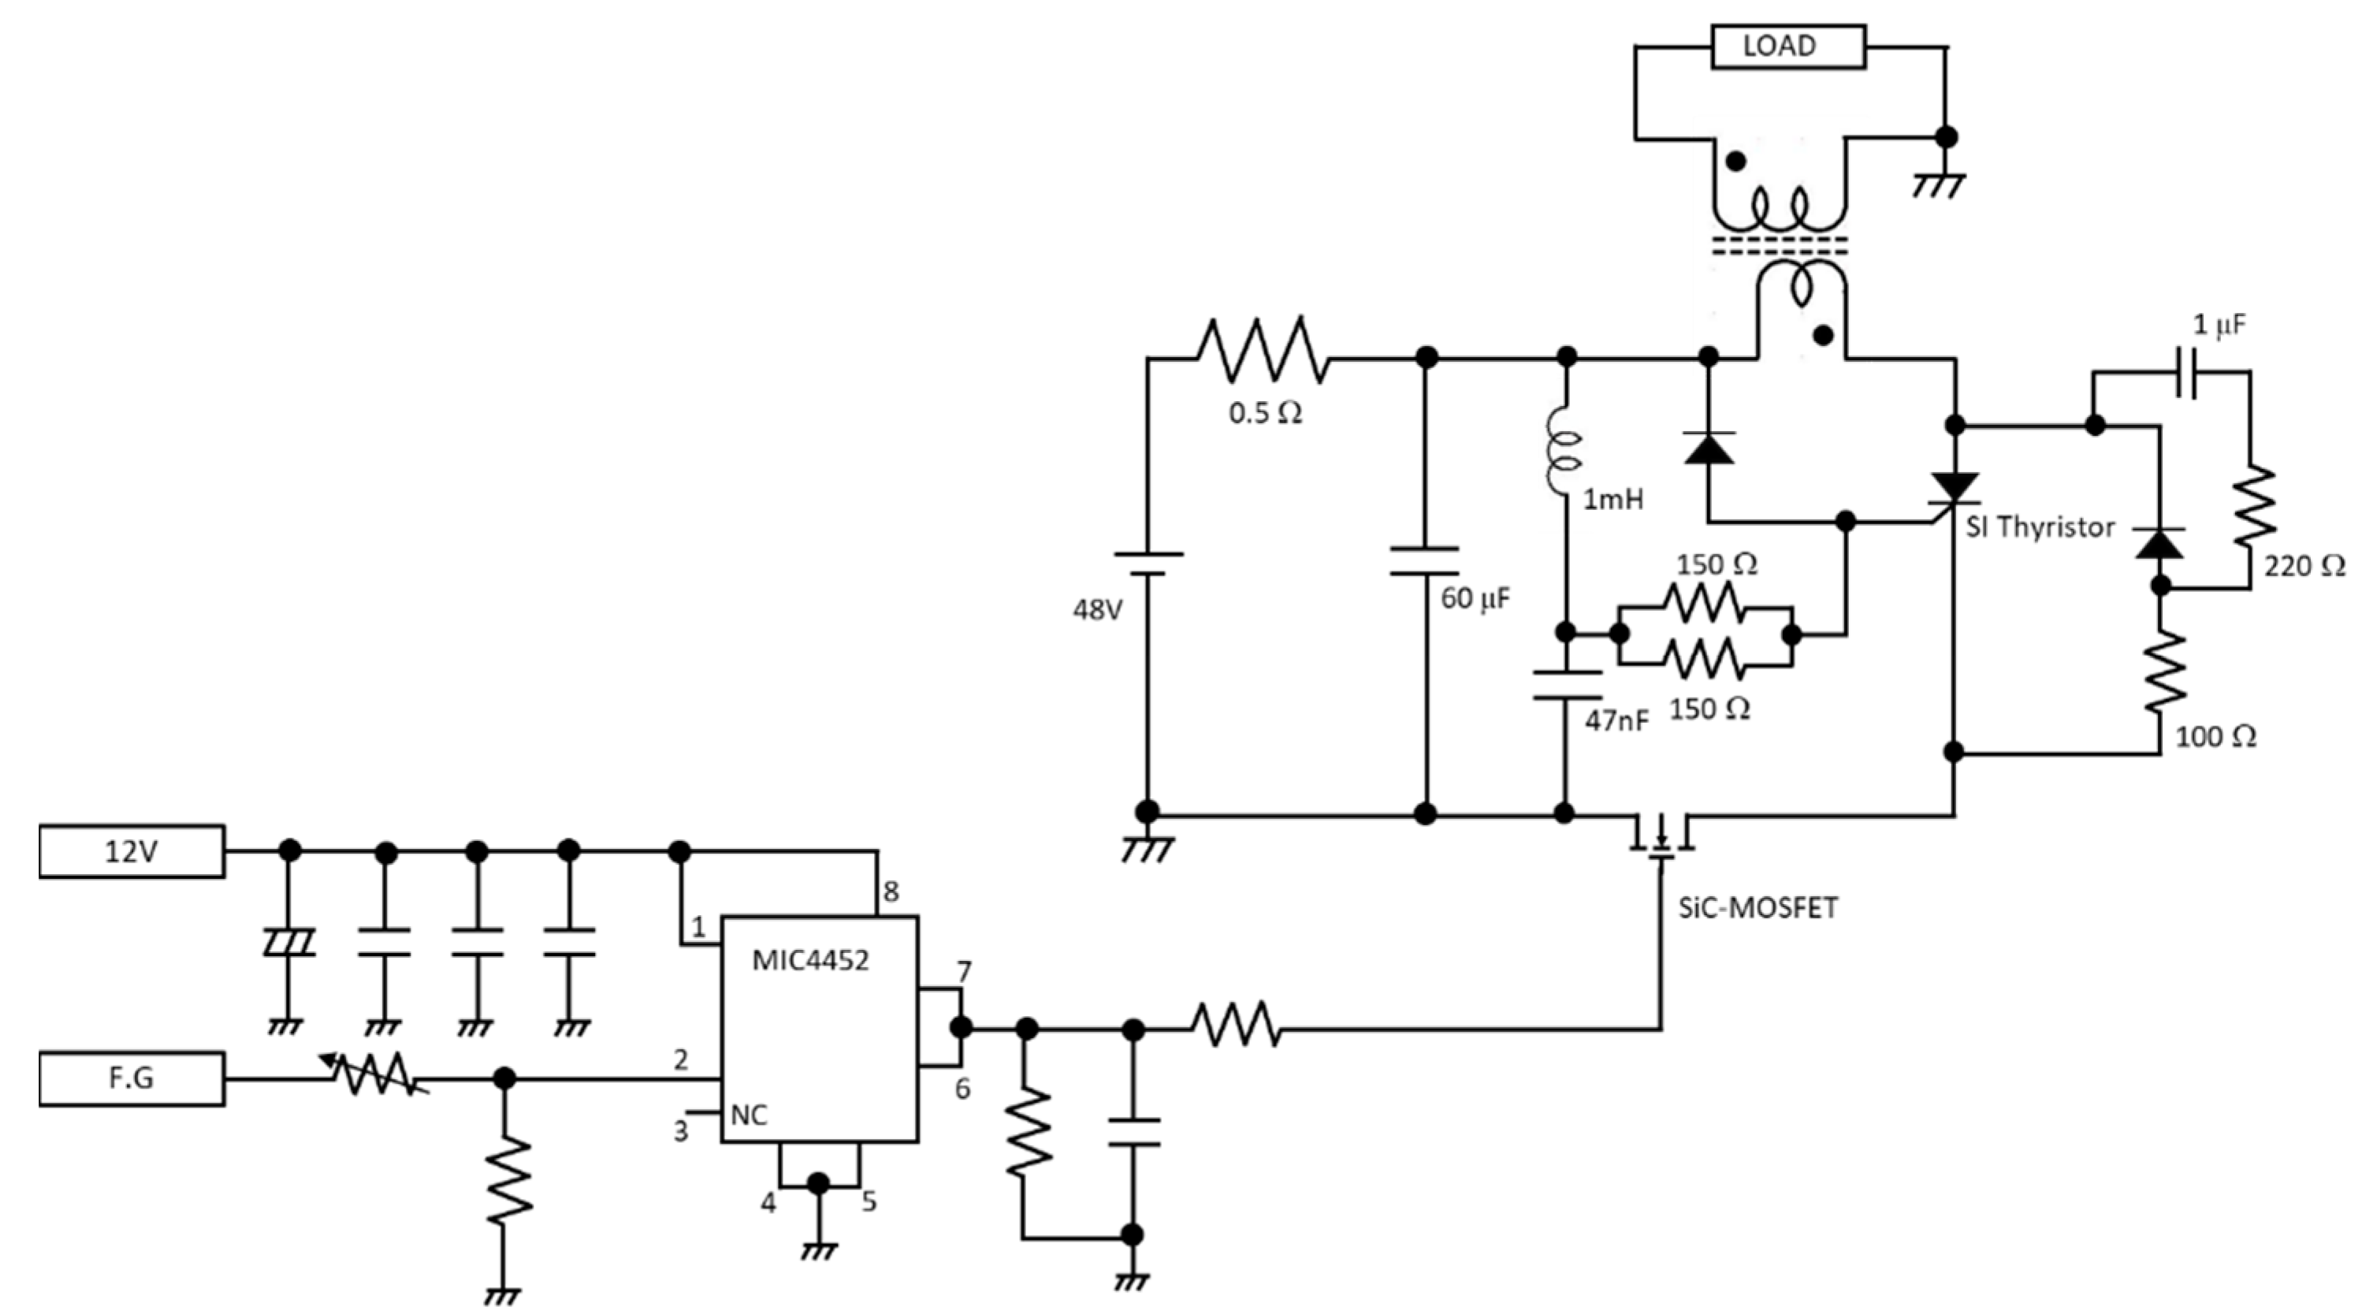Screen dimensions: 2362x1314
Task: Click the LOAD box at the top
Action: (x=1788, y=46)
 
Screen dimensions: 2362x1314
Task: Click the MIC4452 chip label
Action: (x=809, y=960)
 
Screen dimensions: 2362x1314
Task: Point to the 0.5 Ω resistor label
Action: (x=1266, y=414)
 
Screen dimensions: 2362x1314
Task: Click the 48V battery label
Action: (x=1098, y=610)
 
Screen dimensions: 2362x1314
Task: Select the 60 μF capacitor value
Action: (x=1475, y=599)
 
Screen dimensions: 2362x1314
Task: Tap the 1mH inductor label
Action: (x=1612, y=500)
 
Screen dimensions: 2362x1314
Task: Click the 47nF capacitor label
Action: (x=1616, y=720)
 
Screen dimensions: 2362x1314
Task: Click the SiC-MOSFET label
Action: (x=1758, y=908)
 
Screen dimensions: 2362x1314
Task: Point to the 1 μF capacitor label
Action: (x=2220, y=326)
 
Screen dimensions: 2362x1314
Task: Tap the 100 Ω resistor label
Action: (x=2215, y=735)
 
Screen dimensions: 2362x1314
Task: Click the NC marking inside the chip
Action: (x=750, y=1115)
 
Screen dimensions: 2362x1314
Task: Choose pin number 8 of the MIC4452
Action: (x=891, y=891)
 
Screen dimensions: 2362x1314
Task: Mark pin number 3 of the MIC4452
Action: (x=680, y=1132)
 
